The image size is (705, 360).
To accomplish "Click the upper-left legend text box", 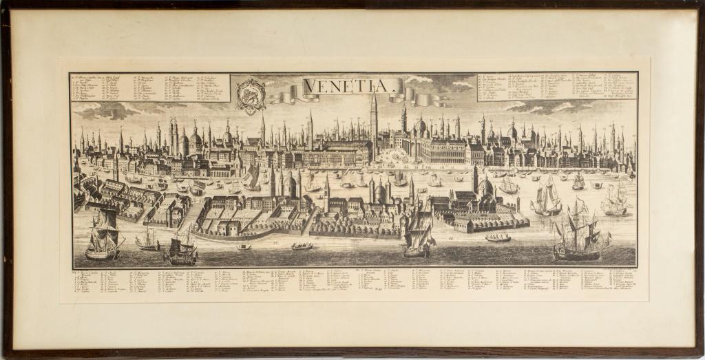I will coord(121,87).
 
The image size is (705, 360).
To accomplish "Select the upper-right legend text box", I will coord(557,86).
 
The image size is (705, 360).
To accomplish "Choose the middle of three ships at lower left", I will coord(147,239).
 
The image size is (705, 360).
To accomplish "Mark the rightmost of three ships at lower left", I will coord(181,246).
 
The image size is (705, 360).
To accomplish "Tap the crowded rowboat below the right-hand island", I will coord(498,237).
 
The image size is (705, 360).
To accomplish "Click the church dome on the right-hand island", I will coord(485,186).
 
